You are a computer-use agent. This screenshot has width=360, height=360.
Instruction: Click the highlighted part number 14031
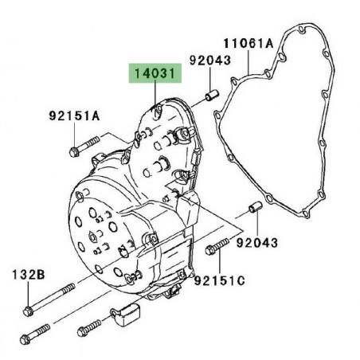(155, 73)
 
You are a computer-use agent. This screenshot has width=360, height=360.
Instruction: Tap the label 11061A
(248, 43)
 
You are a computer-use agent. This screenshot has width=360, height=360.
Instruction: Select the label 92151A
(74, 115)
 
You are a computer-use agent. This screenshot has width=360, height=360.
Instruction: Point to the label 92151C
(220, 280)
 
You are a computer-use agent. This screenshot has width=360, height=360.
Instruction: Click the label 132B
(29, 275)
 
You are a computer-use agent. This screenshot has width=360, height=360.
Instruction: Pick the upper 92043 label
(210, 61)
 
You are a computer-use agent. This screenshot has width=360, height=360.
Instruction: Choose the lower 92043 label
(257, 242)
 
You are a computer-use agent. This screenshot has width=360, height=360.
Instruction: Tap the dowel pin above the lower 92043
(255, 207)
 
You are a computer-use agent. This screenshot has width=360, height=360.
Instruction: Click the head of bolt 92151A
(73, 152)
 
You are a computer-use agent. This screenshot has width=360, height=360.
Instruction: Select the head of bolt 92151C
(210, 250)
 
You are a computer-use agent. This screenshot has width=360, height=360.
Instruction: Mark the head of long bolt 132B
(28, 311)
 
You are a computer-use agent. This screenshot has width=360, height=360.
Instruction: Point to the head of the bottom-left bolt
(25, 340)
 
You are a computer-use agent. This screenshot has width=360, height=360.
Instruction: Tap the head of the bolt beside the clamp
(82, 332)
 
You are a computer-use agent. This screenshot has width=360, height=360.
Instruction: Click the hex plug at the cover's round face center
(92, 237)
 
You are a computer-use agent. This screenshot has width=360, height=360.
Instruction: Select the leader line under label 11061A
(248, 63)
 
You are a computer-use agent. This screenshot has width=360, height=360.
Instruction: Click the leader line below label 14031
(155, 92)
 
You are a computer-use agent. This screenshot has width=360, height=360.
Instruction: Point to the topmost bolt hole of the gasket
(300, 29)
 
